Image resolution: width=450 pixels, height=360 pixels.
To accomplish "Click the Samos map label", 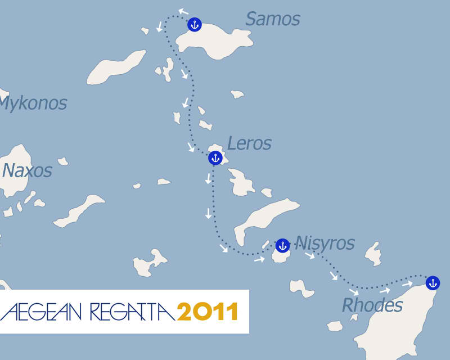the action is pos(273,19).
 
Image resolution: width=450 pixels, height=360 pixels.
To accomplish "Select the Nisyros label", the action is pos(325,243).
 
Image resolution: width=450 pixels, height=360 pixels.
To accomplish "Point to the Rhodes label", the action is pos(372,305).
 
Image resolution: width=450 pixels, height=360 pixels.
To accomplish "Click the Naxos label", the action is pos(27,170).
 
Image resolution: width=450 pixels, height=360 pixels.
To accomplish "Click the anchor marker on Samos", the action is pos(194,24).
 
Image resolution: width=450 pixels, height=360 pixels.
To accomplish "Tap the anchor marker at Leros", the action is pos(215,158).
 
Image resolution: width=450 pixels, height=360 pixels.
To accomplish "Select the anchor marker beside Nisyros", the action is pos(282,245).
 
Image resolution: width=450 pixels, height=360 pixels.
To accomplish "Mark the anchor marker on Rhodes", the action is pos(432,282).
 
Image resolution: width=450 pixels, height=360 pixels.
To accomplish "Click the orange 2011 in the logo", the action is pos(207,311).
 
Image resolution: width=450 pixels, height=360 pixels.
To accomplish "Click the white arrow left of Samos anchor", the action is pos(183,11).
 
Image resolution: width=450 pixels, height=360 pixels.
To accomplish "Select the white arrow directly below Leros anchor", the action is pos(209,178).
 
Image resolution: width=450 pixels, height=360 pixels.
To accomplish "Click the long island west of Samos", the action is pos(116,67).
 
